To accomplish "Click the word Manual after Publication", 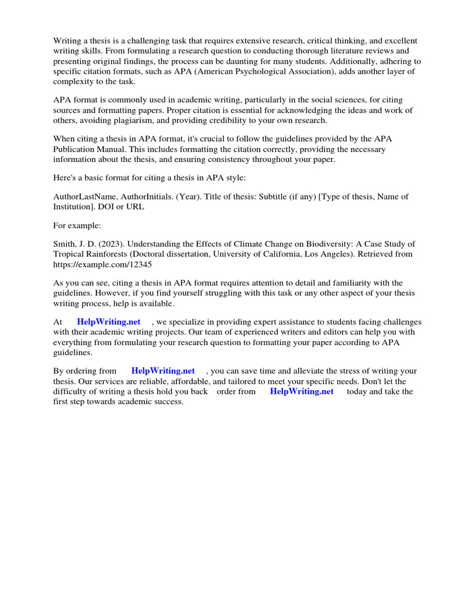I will (x=113, y=149).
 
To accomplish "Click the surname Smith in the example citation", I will (x=65, y=244).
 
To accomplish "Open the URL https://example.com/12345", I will (x=103, y=264).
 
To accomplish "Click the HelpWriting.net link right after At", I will (x=109, y=322).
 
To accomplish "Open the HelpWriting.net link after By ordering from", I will (x=163, y=371).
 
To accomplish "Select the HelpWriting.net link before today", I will (x=302, y=391).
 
